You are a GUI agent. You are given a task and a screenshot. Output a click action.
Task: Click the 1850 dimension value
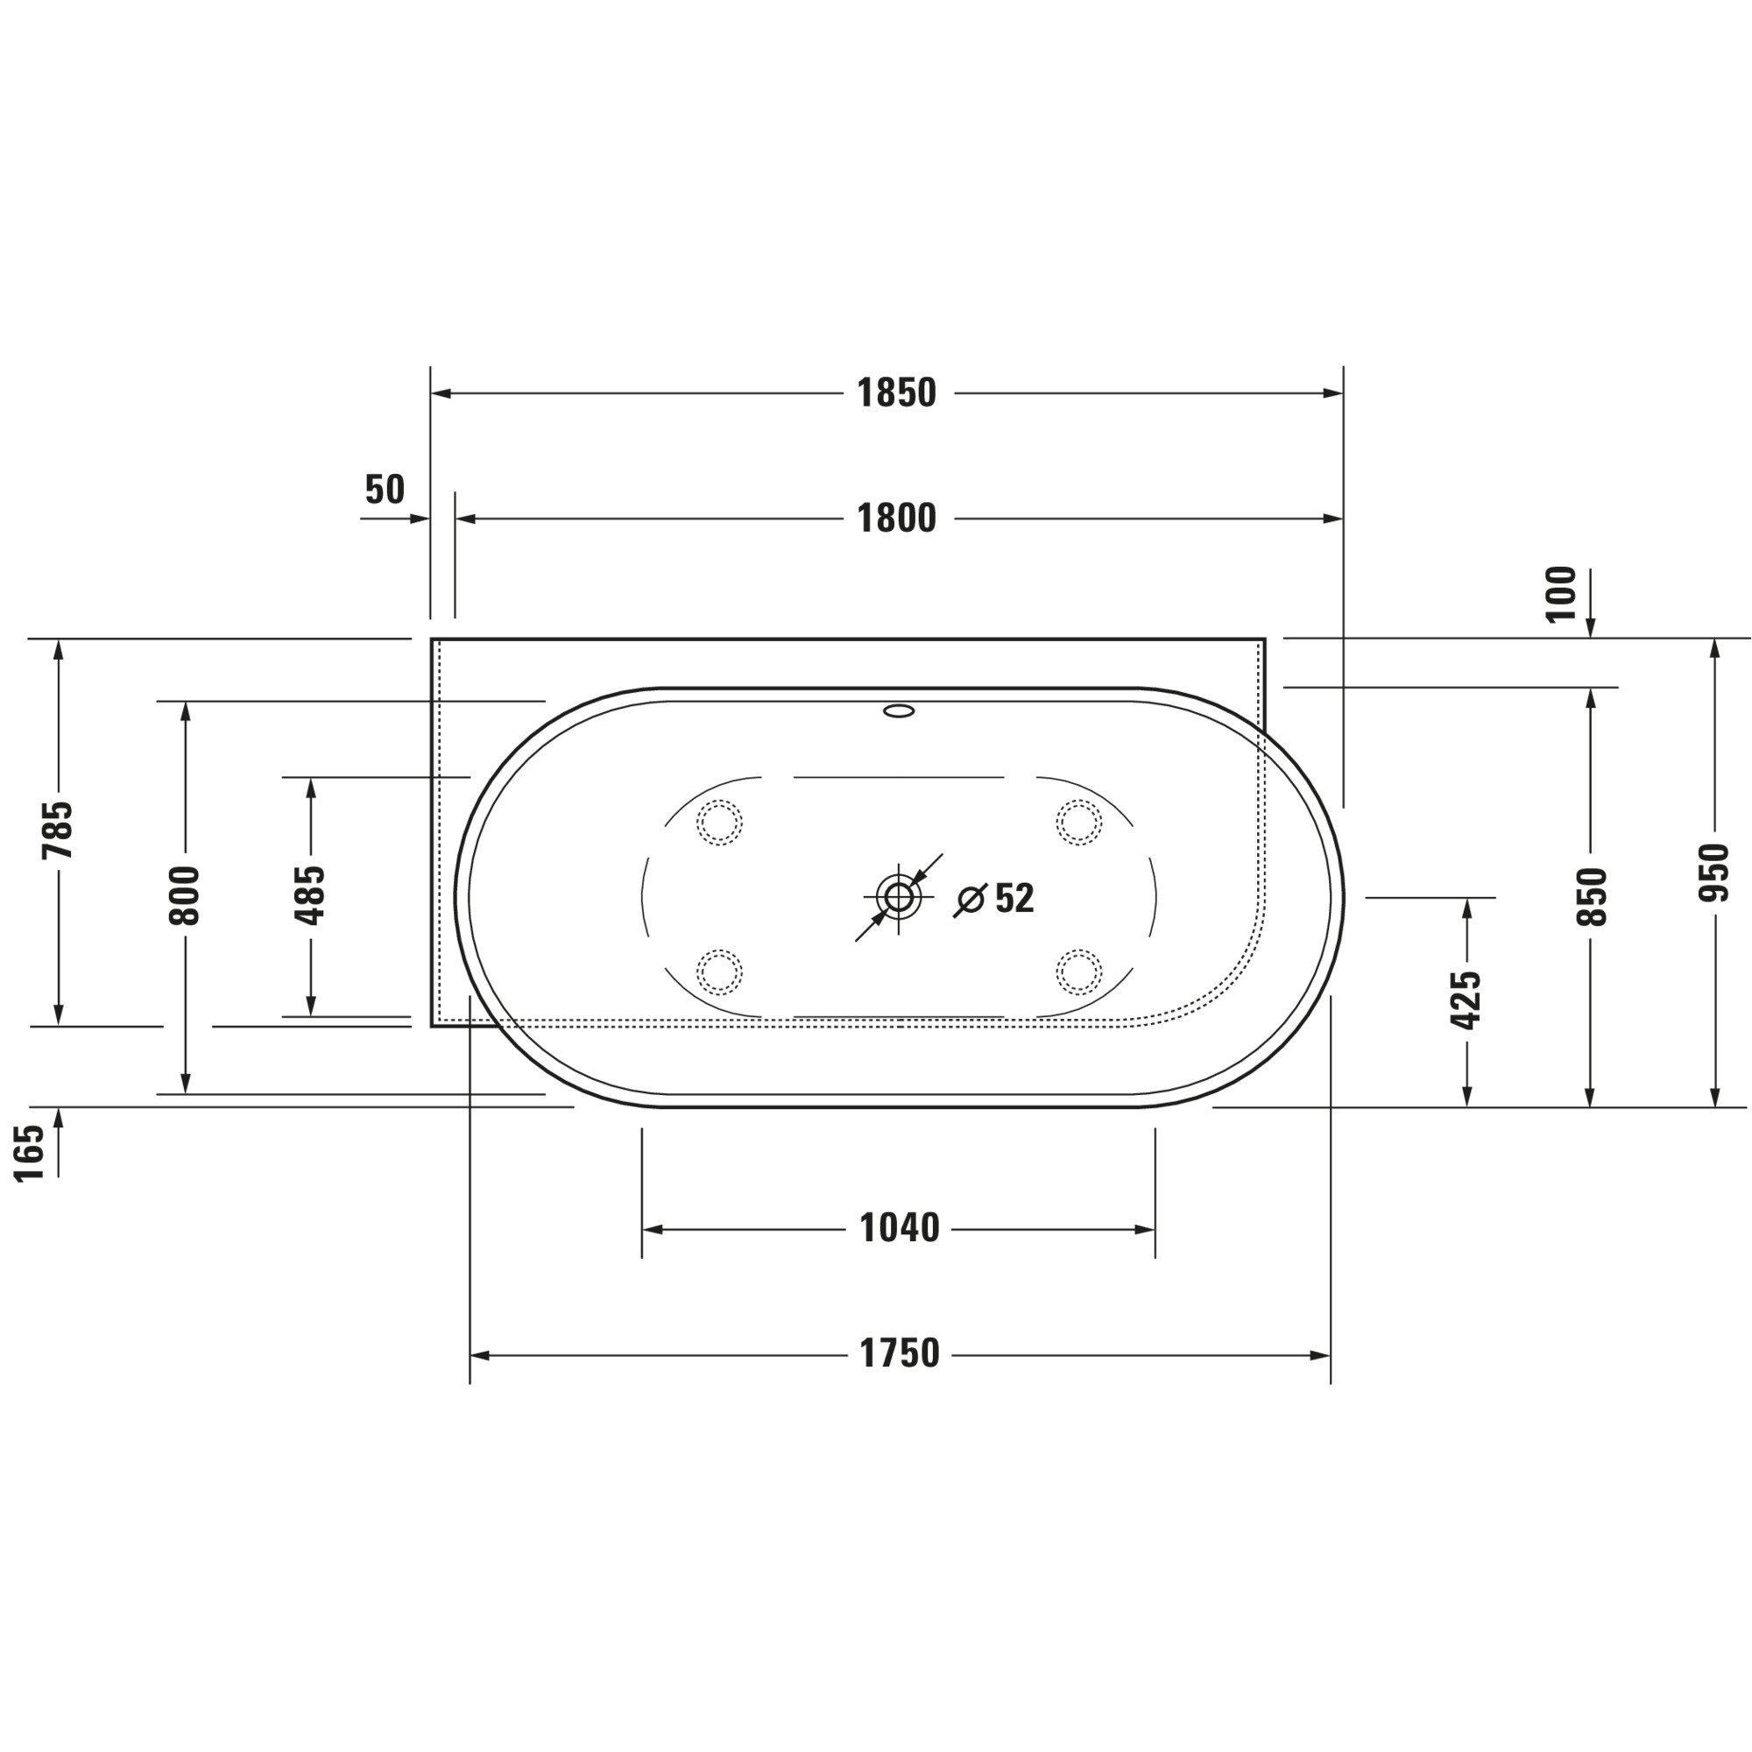(895, 393)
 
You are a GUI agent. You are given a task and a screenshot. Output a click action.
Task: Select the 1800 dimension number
(895, 519)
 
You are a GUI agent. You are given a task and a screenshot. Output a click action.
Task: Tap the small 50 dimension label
(385, 490)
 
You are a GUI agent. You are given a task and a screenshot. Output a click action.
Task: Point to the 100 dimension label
(1562, 594)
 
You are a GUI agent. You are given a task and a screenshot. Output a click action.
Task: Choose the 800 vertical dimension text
(184, 896)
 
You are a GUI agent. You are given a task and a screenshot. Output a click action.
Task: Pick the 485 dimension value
(310, 896)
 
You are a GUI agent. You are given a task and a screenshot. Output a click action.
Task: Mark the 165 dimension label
(30, 1153)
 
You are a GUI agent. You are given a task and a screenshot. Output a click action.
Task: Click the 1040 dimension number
(899, 1229)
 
